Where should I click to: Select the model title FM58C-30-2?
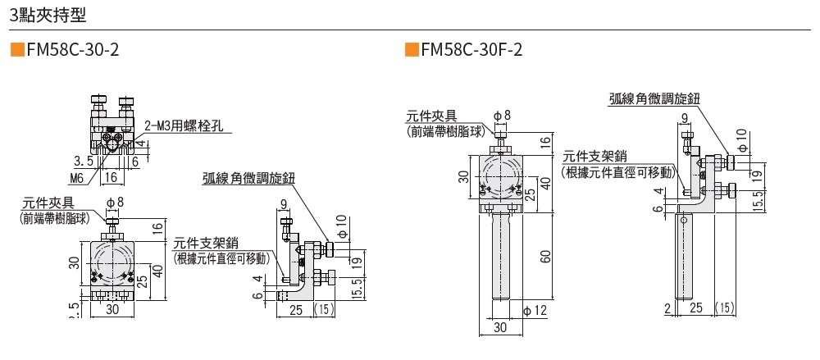pos(73,50)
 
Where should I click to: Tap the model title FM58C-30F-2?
pos(471,50)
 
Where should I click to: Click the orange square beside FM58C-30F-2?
pos(412,50)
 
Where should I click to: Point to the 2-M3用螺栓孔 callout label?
pos(188,126)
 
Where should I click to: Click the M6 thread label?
pos(77,176)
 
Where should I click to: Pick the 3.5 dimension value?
pos(83,160)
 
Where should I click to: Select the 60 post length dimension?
pos(544,257)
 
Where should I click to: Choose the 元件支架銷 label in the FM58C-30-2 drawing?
pos(206,243)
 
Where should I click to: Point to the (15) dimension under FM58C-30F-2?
pos(725,308)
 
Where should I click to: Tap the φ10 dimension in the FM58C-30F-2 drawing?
pos(741,140)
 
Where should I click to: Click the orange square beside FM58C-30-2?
pos(16,50)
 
